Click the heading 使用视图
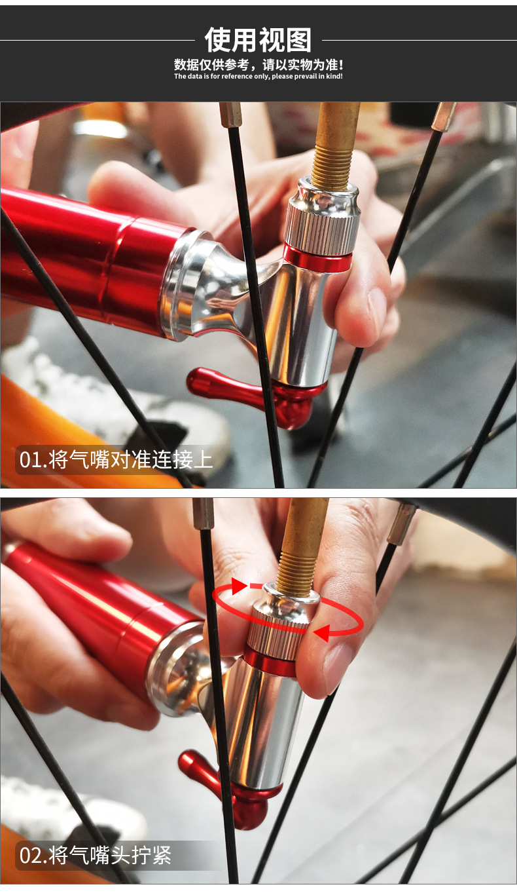pyautogui.click(x=258, y=40)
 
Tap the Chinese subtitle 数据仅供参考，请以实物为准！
pyautogui.click(x=258, y=64)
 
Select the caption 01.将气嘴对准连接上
pyautogui.click(x=116, y=459)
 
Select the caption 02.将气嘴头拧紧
pyautogui.click(x=95, y=855)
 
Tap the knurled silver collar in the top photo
pyautogui.click(x=321, y=229)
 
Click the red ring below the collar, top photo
pyautogui.click(x=317, y=258)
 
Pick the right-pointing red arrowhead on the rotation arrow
pyautogui.click(x=239, y=586)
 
